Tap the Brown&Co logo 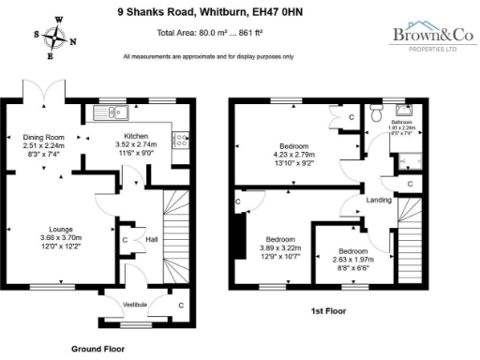coord(427,37)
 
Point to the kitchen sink coord(112,114)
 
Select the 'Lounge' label coord(55,228)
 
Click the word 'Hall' coord(150,239)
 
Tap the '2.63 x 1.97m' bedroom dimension coord(352,260)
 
